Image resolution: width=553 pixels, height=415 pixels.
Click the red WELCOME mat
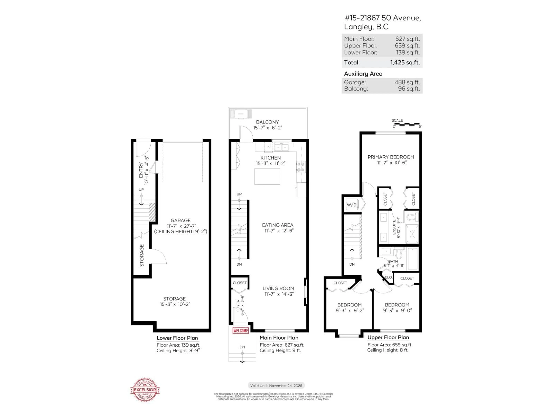tap(240, 330)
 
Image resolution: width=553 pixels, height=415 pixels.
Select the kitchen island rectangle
tap(267, 177)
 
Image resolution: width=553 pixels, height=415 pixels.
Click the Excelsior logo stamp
tap(145, 390)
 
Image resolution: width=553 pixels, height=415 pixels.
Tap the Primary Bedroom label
tap(391, 157)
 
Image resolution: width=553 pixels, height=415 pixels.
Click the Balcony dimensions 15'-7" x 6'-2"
tap(268, 128)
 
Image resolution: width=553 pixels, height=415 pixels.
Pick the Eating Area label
tap(278, 225)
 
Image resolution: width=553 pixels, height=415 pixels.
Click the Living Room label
tap(278, 288)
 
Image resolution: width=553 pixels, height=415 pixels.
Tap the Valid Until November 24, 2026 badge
tap(276, 385)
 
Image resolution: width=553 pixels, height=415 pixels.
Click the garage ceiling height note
tap(180, 231)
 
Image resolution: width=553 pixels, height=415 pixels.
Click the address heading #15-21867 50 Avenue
tap(382, 18)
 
